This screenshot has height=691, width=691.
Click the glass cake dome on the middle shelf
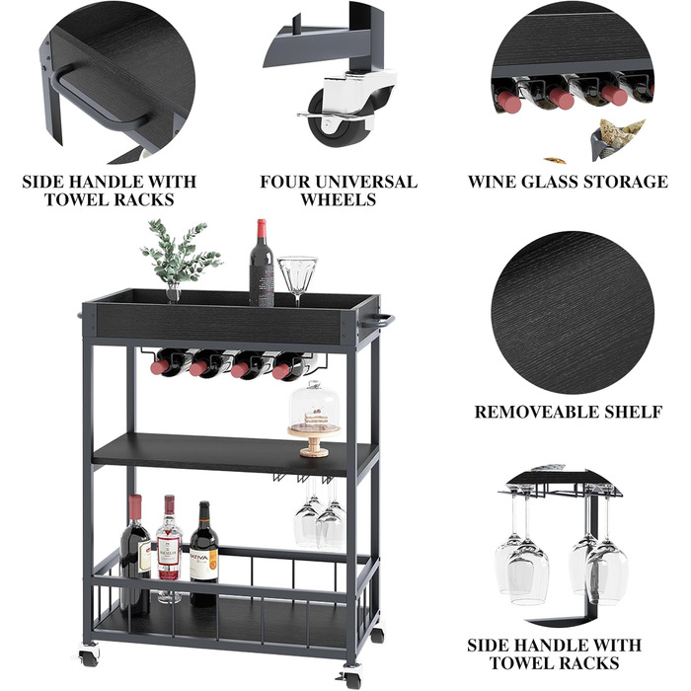tap(315, 407)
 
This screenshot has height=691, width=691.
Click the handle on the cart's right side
tap(378, 321)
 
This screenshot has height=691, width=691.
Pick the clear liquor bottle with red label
tap(169, 548)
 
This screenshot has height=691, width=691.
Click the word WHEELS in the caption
tap(339, 199)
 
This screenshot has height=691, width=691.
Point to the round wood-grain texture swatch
tap(573, 313)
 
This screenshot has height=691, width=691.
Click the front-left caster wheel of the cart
tap(90, 655)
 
